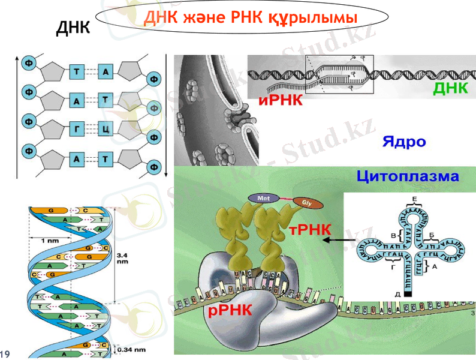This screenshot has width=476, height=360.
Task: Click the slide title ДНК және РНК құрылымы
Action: click(247, 18)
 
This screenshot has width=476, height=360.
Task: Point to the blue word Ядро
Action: click(403, 142)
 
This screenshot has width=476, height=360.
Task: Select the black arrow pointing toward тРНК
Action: click(336, 239)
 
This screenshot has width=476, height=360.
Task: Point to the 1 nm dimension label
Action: click(50, 240)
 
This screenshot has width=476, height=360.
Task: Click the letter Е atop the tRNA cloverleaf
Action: click(414, 198)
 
